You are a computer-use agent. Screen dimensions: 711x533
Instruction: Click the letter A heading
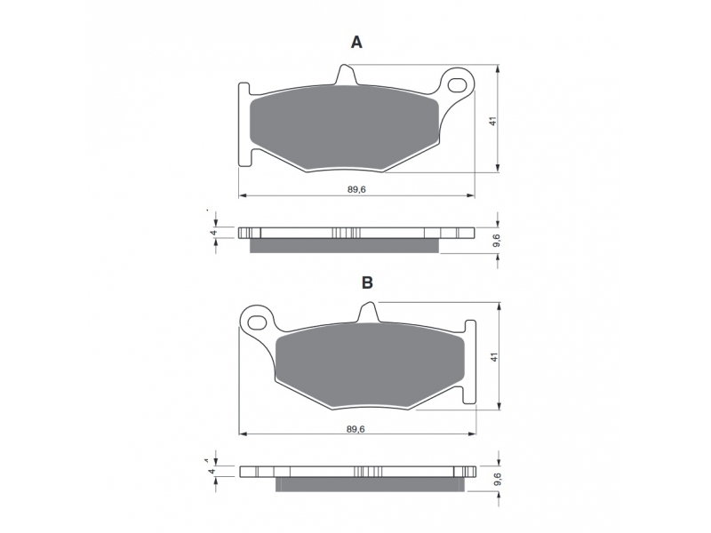(x=357, y=43)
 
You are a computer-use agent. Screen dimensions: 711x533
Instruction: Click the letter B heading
(x=367, y=282)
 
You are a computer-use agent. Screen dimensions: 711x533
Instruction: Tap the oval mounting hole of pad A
(x=458, y=84)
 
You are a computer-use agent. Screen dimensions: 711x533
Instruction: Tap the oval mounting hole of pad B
(x=257, y=322)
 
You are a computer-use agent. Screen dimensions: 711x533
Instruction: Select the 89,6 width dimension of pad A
(x=356, y=189)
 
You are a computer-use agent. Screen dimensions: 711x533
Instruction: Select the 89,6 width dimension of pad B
(x=355, y=429)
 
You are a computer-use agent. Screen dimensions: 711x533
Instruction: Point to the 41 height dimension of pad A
(x=493, y=121)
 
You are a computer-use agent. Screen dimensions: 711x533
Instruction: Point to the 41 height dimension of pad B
(x=494, y=357)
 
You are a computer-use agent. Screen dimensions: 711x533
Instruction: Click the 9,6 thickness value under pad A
(x=496, y=240)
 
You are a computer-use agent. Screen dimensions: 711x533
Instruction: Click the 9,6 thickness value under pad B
(x=498, y=479)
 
